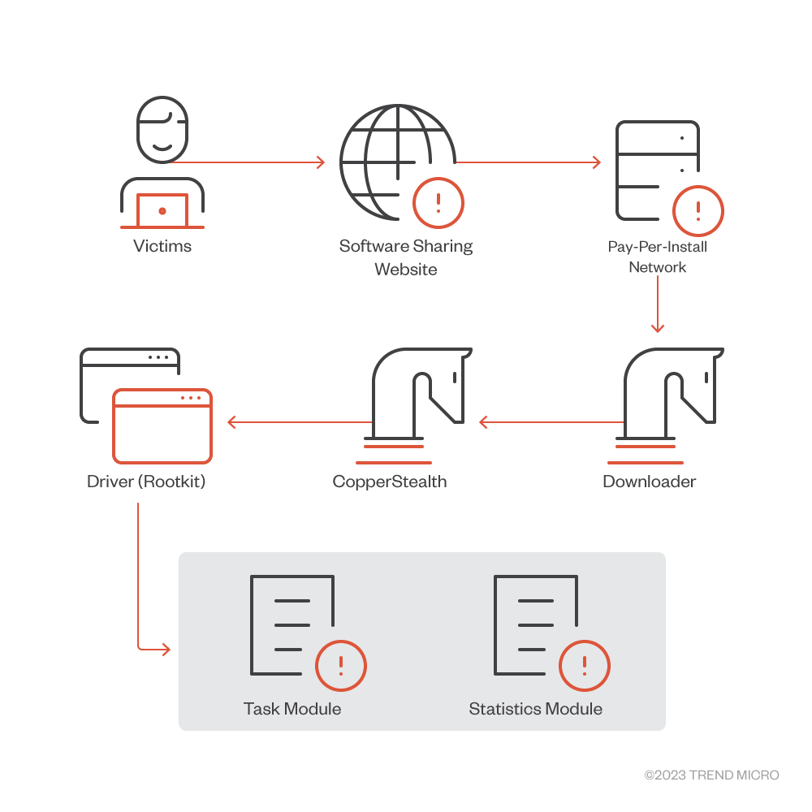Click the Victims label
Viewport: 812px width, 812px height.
162,246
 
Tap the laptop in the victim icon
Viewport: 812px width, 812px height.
162,211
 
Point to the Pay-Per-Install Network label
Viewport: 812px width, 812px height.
658,257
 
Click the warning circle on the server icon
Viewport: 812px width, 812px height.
698,211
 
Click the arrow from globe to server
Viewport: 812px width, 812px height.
528,162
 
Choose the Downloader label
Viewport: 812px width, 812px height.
650,482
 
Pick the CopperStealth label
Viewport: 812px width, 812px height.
390,482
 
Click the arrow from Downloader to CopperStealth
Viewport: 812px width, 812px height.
552,422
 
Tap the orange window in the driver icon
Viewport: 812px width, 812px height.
162,426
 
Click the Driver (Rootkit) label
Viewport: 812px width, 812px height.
146,482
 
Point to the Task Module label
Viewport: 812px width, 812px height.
292,709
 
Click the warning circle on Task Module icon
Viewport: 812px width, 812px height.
341,666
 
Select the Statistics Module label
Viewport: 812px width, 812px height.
536,709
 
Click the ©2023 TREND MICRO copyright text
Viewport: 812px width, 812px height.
711,775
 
